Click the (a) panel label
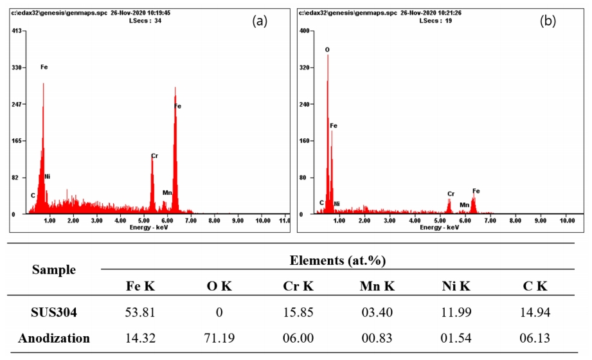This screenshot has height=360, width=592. click(260, 21)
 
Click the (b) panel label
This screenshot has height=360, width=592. click(548, 21)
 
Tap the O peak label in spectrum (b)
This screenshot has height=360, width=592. click(327, 50)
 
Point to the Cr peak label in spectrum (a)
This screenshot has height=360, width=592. click(154, 156)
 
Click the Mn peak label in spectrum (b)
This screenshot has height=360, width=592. click(464, 204)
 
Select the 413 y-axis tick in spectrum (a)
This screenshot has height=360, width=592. click(17, 31)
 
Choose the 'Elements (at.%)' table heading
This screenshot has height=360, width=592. click(337, 260)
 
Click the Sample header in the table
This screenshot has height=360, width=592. click(54, 270)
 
